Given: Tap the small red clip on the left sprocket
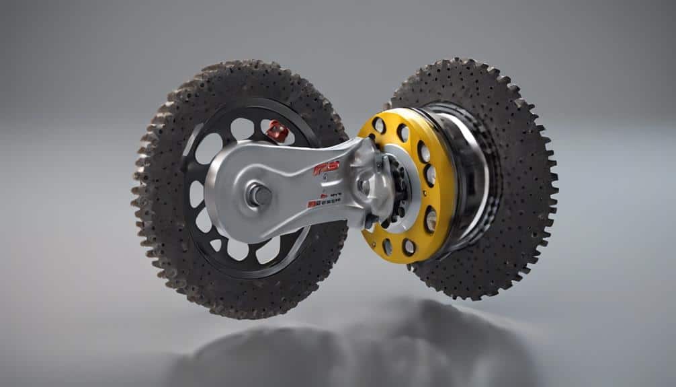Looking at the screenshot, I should tap(276, 130).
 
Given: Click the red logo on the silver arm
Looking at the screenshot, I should tap(327, 168).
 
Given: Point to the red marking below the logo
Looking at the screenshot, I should tap(325, 201).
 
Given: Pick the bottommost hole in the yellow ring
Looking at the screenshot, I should tap(407, 248).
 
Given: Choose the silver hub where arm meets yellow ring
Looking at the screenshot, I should tap(374, 182).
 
